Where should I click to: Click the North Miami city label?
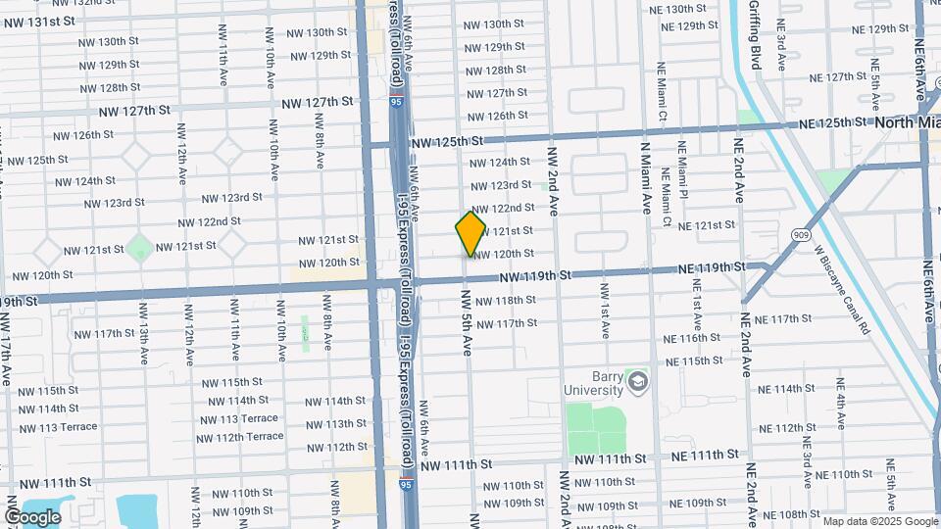tap(907, 122)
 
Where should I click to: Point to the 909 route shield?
tap(802, 236)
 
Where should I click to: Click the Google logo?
tap(32, 516)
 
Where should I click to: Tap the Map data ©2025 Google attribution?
tap(878, 521)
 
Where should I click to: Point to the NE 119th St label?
tap(711, 267)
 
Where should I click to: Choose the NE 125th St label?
tap(834, 123)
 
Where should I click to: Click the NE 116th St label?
tap(692, 339)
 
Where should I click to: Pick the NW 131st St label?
tap(38, 21)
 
